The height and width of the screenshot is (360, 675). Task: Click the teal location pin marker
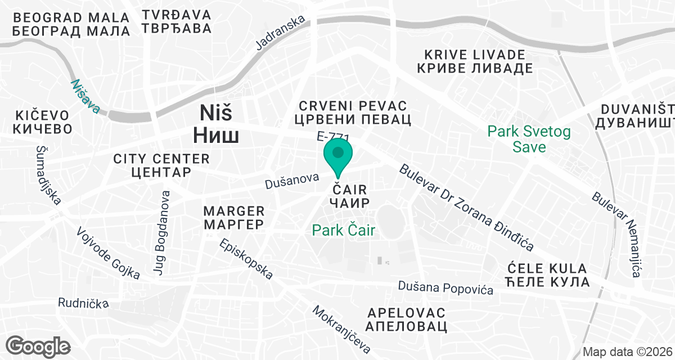pyautogui.click(x=338, y=154)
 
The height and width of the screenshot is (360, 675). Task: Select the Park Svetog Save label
pyautogui.click(x=529, y=139)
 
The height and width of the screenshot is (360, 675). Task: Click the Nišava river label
pyautogui.click(x=85, y=96)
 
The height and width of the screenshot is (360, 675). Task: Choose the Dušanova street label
pyautogui.click(x=292, y=181)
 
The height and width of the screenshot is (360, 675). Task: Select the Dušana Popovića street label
pyautogui.click(x=445, y=287)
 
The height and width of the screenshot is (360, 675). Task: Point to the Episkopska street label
pyautogui.click(x=246, y=259)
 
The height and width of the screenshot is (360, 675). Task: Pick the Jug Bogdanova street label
pyautogui.click(x=161, y=233)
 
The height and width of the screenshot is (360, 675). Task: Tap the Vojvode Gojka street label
pyautogui.click(x=107, y=253)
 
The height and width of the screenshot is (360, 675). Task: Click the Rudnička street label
pyautogui.click(x=83, y=303)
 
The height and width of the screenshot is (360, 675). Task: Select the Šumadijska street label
pyautogui.click(x=49, y=175)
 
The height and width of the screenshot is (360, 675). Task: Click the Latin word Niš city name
pyautogui.click(x=217, y=114)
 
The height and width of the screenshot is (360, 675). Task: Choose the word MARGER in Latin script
pyautogui.click(x=234, y=211)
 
